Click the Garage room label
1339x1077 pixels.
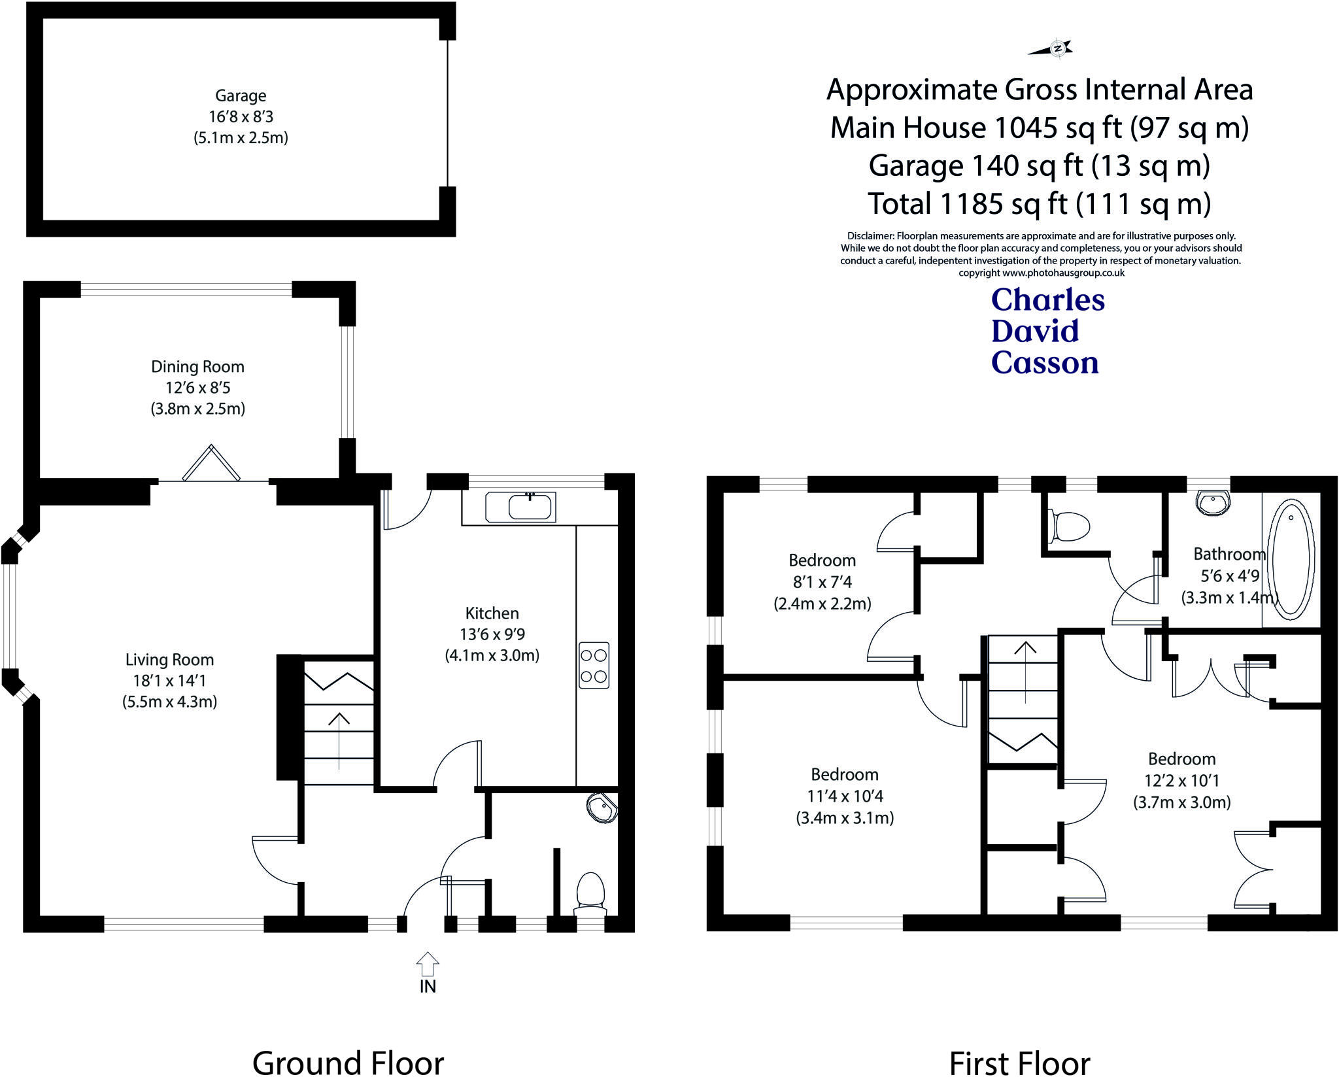point(241,95)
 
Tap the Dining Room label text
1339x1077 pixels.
point(197,367)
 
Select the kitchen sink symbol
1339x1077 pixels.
point(521,507)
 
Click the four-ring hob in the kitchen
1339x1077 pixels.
point(594,666)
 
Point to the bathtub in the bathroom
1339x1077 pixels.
point(1291,560)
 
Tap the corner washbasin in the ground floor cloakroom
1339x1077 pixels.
point(602,809)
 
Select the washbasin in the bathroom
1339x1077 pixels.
point(1213,504)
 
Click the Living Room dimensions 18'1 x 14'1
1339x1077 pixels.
point(169,681)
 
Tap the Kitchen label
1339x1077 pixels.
point(492,613)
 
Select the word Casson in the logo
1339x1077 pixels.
point(1045,364)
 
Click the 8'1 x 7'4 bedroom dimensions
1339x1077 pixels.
point(822,582)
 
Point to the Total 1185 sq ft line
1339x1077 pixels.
point(1039,204)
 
